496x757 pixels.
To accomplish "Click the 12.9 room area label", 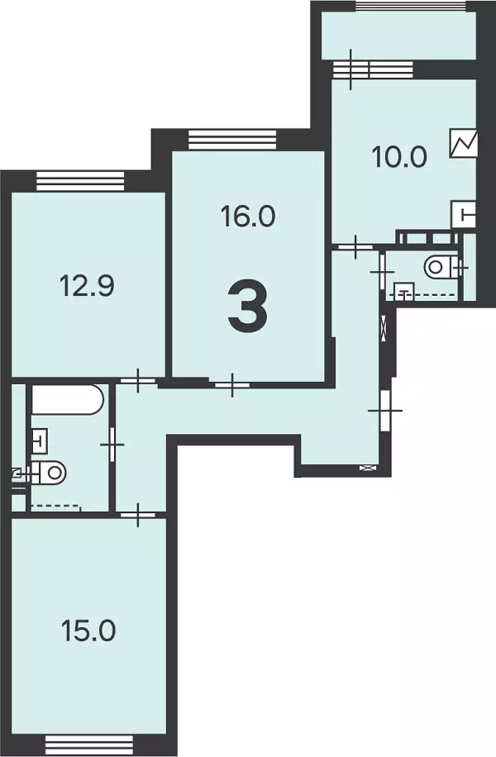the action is pos(87,285).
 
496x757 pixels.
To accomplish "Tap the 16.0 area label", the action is pos(248,216).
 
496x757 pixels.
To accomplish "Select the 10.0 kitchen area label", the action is pos(399,157).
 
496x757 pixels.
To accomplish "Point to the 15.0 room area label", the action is pos(88,631).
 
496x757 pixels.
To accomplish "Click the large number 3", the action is pos(247,307).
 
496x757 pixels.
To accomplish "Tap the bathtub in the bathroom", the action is pos(68,399).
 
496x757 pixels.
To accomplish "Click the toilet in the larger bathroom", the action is pos(47,472).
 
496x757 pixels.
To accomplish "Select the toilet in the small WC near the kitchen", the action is pos(441,266).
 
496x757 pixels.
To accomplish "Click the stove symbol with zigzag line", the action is pos(464,143).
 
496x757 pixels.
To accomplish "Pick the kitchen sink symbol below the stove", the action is pos(464,213).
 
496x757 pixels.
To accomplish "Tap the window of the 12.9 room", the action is pos(80,181).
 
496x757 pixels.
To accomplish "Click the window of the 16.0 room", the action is pos(232,140).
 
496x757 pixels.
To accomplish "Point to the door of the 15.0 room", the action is pos(138,515).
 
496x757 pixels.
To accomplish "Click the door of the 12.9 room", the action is pos(138,380).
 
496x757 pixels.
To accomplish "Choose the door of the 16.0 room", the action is pos(232,384).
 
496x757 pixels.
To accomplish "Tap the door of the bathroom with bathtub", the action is pos(112,444).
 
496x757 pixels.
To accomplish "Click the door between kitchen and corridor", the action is pos(355,247).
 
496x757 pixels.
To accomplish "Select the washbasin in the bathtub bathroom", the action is pos(39,440).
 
